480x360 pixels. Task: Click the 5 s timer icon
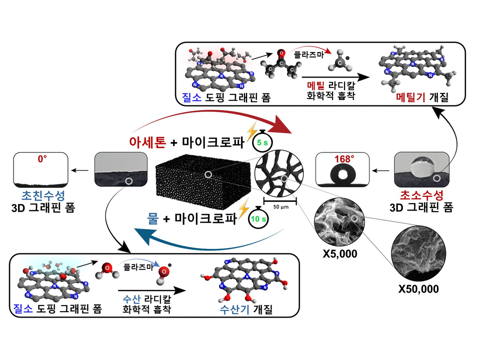262,141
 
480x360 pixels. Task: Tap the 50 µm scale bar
280,202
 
